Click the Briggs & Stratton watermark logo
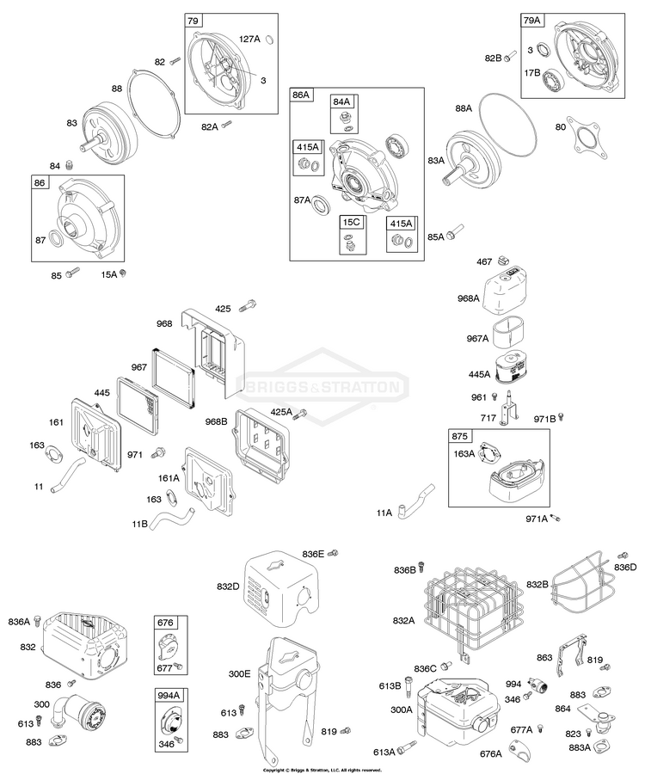[322, 386]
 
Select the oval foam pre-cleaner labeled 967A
[513, 330]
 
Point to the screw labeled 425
[251, 304]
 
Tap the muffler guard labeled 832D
[279, 586]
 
